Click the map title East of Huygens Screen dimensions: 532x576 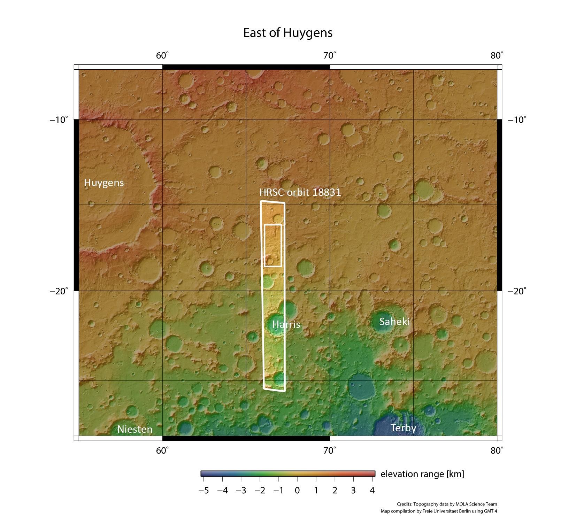coord(287,33)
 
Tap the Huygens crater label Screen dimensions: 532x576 coord(104,183)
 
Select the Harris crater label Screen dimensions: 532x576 coord(286,324)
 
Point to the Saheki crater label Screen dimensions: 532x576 coord(394,321)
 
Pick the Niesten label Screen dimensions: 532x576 coord(135,429)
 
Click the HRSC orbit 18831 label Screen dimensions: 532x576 coord(300,192)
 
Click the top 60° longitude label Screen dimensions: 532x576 coord(162,56)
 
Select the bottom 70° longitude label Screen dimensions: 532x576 coord(330,451)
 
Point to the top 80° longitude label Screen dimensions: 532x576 coord(497,56)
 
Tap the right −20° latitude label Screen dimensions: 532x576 coord(517,291)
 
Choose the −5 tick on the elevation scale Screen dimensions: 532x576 coord(203,491)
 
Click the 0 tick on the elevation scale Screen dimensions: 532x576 coord(297,491)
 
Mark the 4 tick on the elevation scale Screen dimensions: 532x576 coord(372,491)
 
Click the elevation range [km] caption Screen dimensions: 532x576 coord(422,474)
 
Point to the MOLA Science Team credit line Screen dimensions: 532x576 coord(447,504)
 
